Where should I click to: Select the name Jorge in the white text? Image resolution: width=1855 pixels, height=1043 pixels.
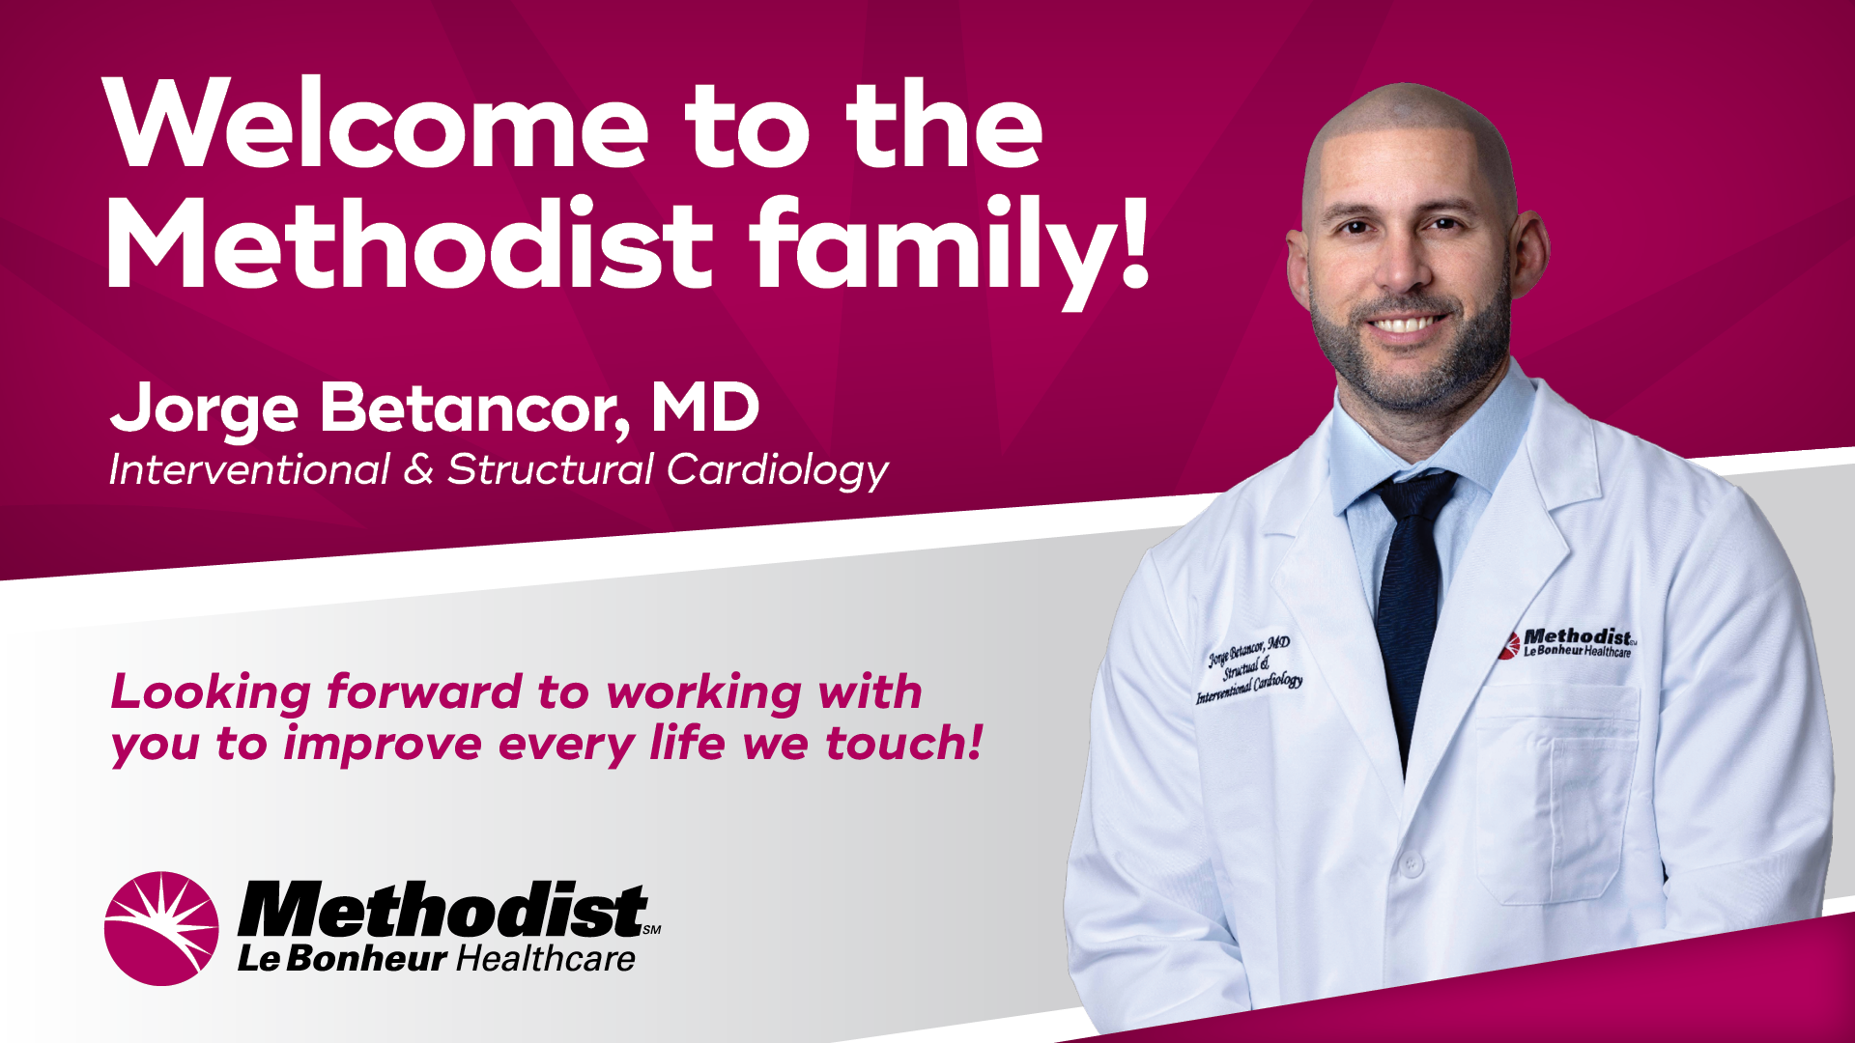tap(205, 409)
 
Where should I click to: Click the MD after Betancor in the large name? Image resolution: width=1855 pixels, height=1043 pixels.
tap(705, 407)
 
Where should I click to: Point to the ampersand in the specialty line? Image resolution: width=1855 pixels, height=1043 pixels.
tap(418, 470)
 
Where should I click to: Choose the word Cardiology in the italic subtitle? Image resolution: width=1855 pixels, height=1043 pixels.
tap(778, 472)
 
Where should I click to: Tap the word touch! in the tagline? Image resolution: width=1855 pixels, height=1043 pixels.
tap(904, 743)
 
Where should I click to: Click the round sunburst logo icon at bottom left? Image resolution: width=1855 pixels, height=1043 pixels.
tap(161, 928)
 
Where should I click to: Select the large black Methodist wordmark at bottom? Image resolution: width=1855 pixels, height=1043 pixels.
tap(442, 910)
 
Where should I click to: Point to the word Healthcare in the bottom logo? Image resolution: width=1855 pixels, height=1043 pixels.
tap(545, 958)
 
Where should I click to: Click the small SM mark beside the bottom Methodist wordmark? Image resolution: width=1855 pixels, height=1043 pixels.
tap(652, 930)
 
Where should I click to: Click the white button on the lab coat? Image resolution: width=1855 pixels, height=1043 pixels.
tap(1412, 862)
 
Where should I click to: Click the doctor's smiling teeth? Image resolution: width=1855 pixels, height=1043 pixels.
tap(1406, 324)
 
